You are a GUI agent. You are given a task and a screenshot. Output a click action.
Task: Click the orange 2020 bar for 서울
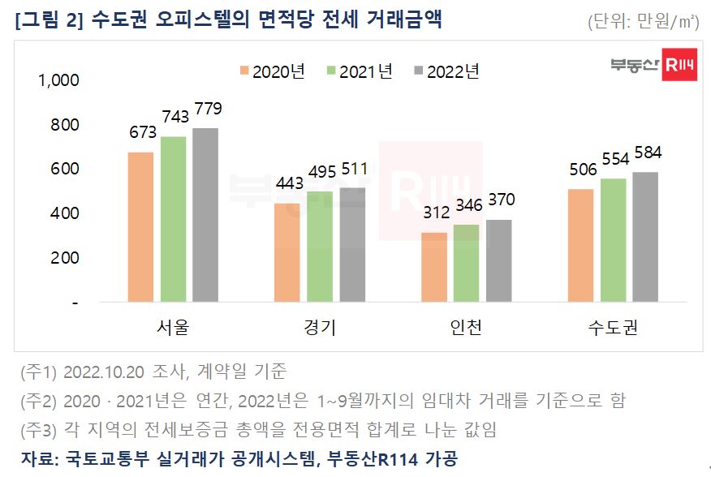[140, 227]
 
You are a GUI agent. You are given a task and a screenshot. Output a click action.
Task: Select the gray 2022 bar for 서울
[205, 215]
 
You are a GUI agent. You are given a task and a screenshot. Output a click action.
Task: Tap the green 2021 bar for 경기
[320, 247]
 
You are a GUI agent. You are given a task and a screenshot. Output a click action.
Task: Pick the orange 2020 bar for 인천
[434, 267]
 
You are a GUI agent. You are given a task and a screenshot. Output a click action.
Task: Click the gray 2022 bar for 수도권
[645, 237]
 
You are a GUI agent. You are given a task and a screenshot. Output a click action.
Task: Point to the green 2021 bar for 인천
[467, 263]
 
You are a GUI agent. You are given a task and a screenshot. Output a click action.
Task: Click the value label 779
[207, 109]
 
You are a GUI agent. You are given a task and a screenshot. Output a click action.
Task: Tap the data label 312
[434, 213]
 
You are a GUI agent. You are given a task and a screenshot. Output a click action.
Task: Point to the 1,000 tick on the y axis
[58, 80]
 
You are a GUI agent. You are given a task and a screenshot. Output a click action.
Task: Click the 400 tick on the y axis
[64, 213]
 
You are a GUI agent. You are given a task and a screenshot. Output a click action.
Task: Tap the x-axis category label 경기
[320, 328]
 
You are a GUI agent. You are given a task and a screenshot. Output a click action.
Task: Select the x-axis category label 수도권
[613, 328]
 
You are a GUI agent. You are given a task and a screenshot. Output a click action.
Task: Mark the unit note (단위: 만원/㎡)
[643, 22]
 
